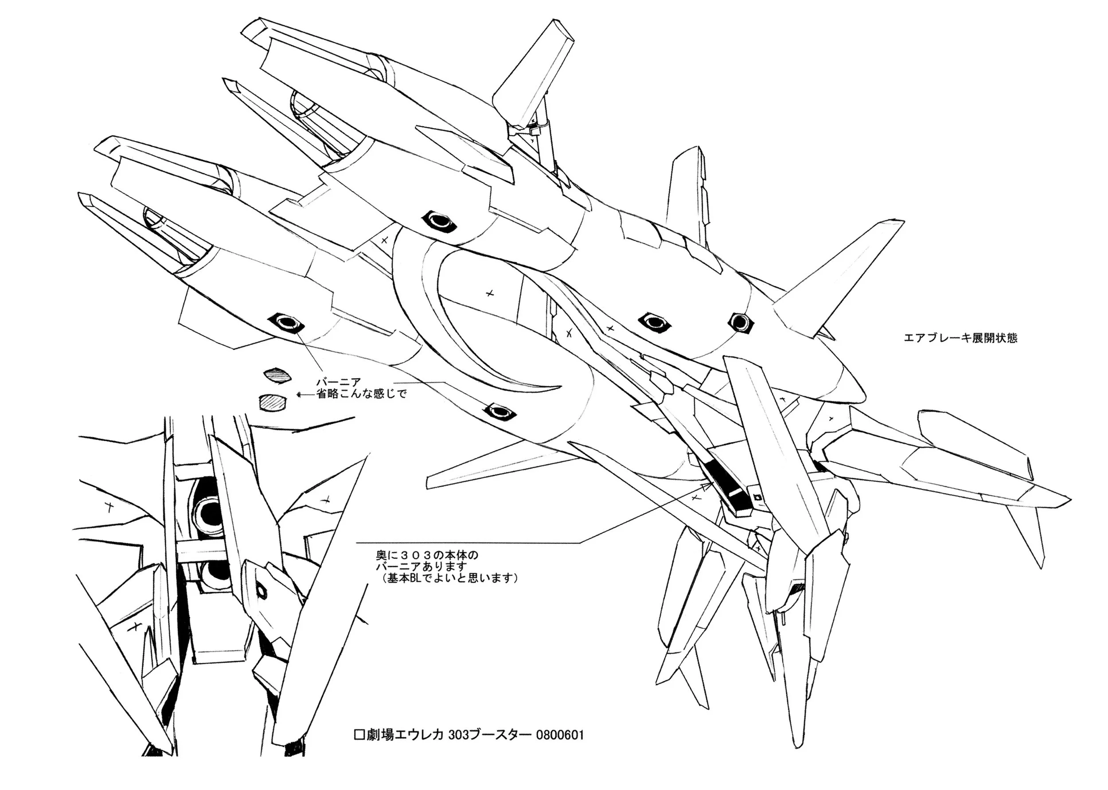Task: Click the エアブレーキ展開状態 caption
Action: (x=960, y=338)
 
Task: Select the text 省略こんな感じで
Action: (x=361, y=394)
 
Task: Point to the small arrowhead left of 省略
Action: (x=300, y=395)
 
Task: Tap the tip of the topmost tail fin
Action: (x=556, y=24)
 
